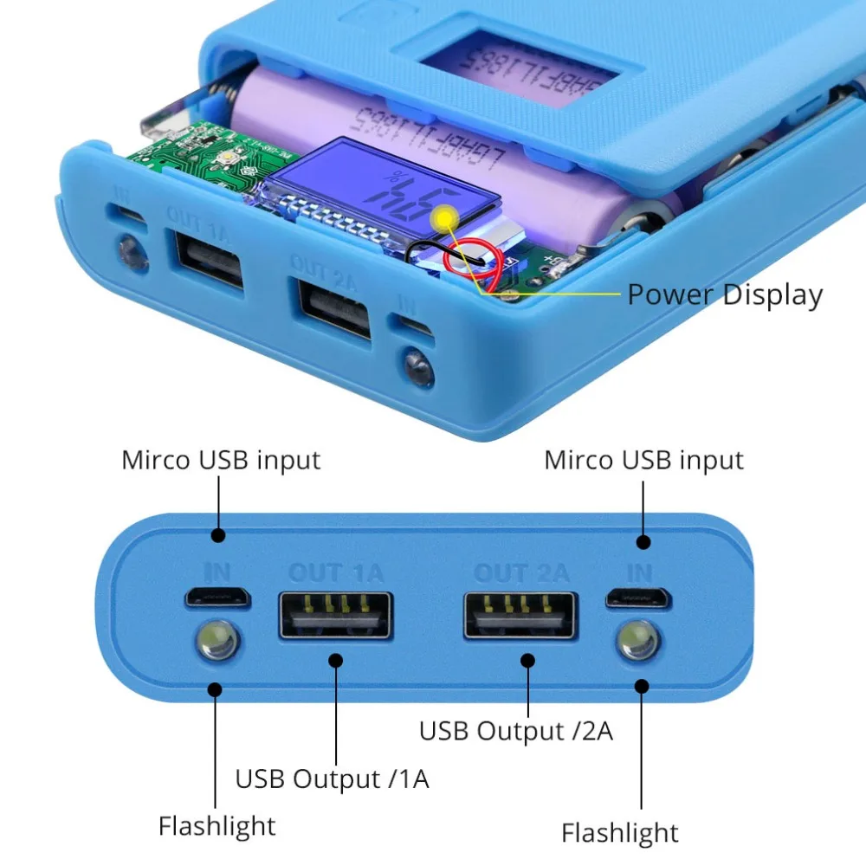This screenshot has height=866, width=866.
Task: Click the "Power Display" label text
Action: click(724, 294)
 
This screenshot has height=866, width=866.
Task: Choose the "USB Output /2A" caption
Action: click(516, 730)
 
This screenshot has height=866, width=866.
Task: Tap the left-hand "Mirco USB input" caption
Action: click(221, 460)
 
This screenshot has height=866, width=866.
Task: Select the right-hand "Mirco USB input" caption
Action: click(643, 460)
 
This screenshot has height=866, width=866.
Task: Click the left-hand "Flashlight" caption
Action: click(216, 825)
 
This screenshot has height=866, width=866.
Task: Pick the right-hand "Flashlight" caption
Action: click(620, 833)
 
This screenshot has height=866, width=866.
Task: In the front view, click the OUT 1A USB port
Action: click(334, 614)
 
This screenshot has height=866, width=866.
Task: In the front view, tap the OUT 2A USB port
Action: click(520, 615)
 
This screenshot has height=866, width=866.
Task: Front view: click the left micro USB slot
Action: click(217, 598)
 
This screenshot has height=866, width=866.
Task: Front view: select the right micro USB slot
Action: click(638, 597)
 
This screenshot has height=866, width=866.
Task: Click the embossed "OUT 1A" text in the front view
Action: click(335, 572)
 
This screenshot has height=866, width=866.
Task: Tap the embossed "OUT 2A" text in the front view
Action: click(521, 572)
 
